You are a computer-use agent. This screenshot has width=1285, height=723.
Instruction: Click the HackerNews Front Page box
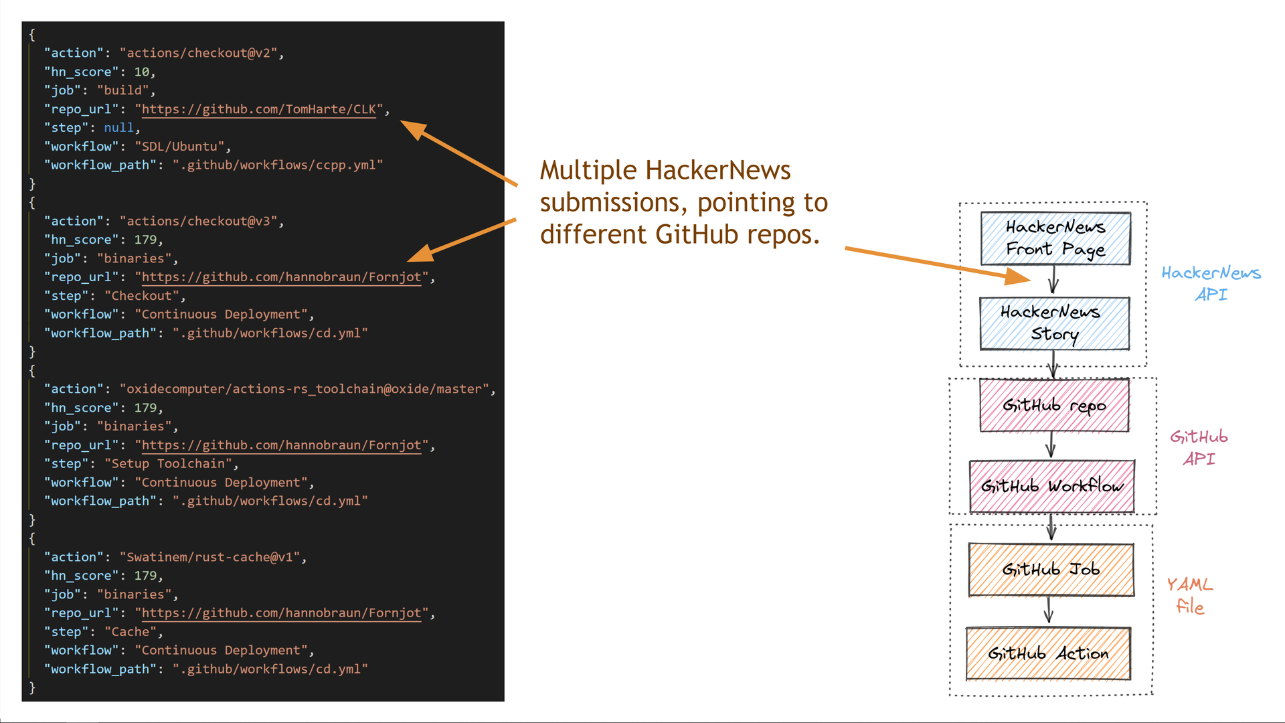tap(1055, 238)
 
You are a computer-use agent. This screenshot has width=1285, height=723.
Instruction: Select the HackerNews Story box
tap(1054, 323)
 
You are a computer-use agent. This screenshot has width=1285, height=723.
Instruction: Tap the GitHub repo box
tap(1054, 406)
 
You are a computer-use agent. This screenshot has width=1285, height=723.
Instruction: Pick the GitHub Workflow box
tap(1051, 486)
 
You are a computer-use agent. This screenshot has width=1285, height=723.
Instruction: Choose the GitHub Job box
tap(1051, 570)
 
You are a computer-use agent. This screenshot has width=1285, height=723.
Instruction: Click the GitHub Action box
tap(1048, 653)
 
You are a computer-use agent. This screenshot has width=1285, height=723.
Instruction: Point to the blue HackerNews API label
tap(1211, 283)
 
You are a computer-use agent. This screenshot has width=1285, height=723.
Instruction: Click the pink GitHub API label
tap(1199, 447)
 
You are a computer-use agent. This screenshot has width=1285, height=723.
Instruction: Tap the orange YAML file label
tap(1190, 595)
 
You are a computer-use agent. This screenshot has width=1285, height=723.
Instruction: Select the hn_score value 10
tap(141, 72)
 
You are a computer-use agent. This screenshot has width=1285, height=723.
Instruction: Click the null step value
tap(118, 128)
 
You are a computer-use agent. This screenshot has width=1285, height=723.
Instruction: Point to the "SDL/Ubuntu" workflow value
tap(179, 147)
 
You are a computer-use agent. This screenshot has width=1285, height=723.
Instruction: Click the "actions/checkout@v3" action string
tap(198, 221)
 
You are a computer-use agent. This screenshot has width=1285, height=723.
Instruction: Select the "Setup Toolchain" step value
tap(168, 464)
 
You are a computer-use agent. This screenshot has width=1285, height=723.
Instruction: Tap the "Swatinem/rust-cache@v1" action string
tap(209, 557)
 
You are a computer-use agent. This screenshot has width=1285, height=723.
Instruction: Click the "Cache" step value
tap(131, 632)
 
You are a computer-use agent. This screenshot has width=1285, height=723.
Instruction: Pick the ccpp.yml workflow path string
tap(277, 165)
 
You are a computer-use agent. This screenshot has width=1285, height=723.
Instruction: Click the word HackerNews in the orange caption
tap(718, 171)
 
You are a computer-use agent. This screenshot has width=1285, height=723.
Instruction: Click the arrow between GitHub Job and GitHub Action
tap(1049, 610)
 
